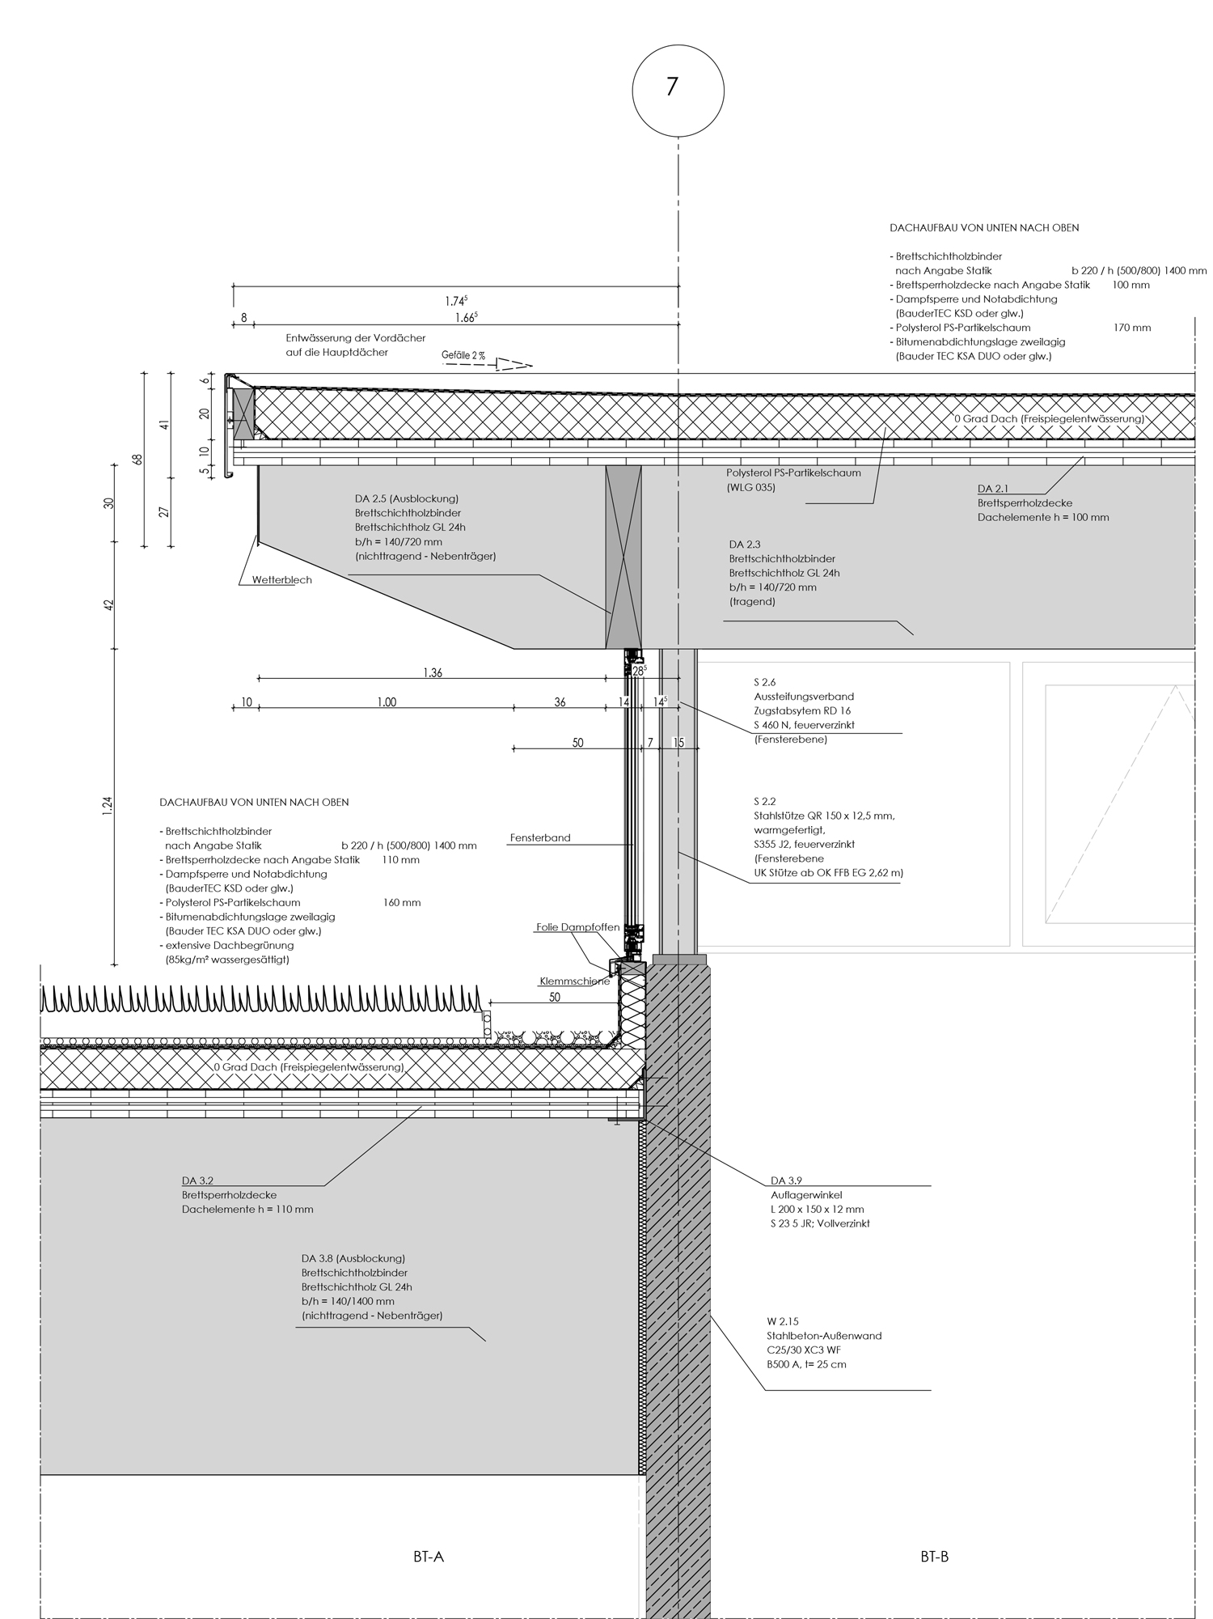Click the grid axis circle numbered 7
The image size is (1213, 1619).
[x=678, y=87]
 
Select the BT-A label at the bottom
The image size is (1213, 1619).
[x=429, y=1557]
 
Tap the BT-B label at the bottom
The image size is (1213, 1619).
[x=934, y=1557]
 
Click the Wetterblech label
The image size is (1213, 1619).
[x=281, y=580]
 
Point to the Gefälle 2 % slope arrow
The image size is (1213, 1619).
[x=513, y=364]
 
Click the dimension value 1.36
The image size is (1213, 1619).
[x=433, y=673]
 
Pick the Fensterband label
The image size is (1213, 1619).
[x=540, y=838]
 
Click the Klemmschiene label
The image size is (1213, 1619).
[x=574, y=981]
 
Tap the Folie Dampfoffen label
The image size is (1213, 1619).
[x=577, y=927]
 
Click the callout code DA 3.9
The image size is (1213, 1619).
[x=786, y=1180]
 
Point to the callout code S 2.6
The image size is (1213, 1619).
[x=764, y=682]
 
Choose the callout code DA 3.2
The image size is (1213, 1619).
[x=198, y=1180]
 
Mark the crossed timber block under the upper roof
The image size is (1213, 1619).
[x=623, y=557]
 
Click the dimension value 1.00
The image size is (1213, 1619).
[x=387, y=702]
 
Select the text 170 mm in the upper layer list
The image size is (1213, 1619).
[x=1131, y=328]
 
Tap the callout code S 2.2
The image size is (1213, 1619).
[x=764, y=801]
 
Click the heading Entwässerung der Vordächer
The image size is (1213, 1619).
[x=355, y=338]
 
